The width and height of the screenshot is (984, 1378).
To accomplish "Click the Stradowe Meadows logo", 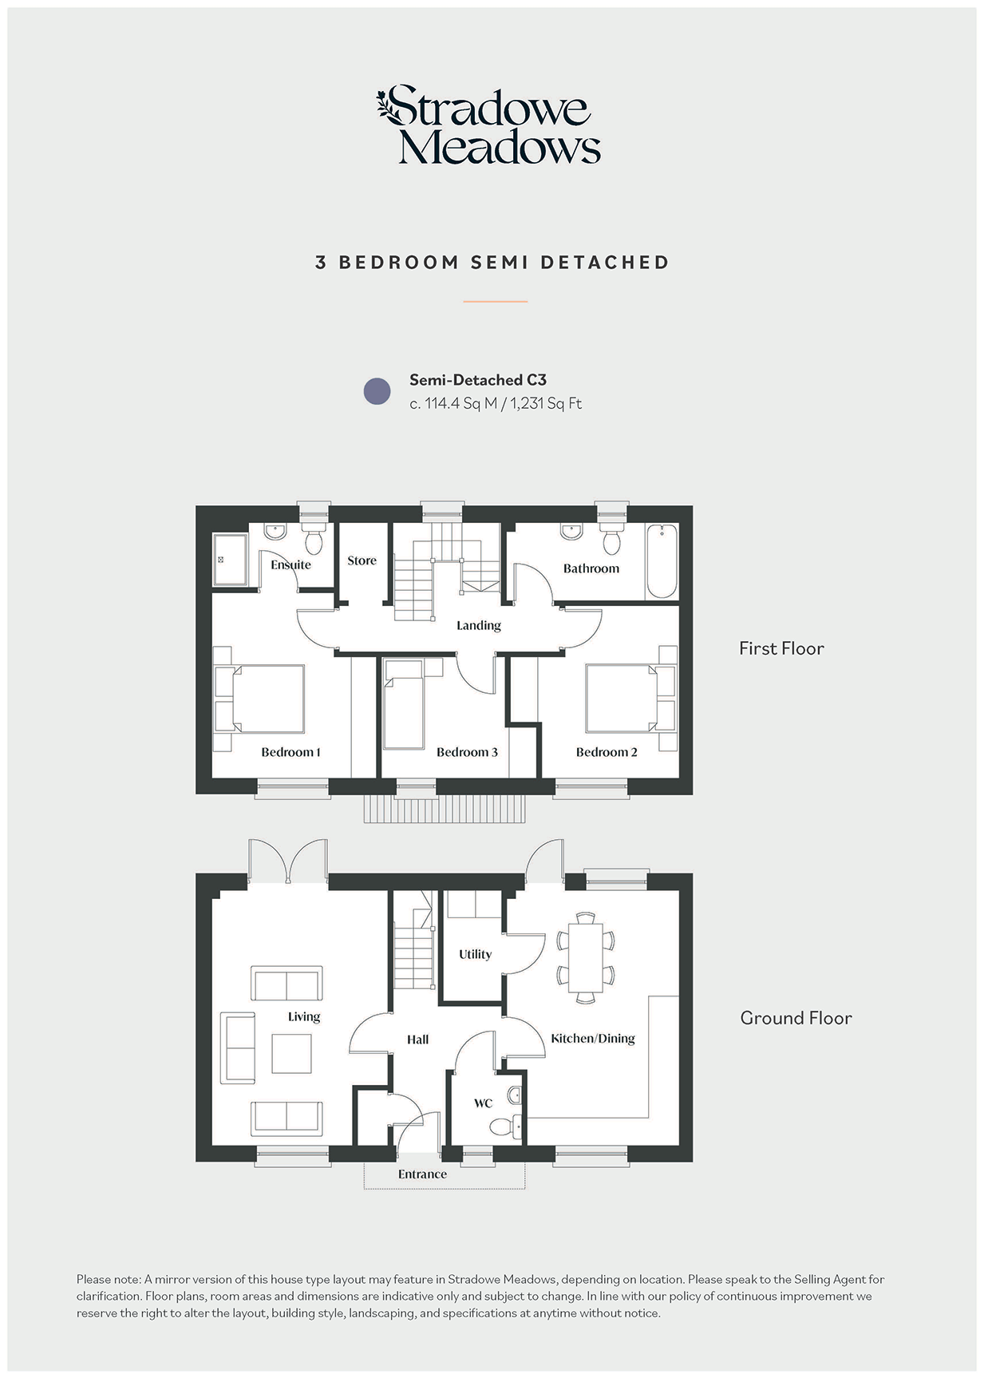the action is pyautogui.click(x=488, y=125).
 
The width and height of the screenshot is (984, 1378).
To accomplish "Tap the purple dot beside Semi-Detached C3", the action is pyautogui.click(x=377, y=391).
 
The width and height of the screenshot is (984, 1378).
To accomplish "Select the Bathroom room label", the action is pyautogui.click(x=591, y=568).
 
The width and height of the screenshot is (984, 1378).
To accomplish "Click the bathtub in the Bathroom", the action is pyautogui.click(x=662, y=560).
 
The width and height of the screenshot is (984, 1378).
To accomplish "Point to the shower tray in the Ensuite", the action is pyautogui.click(x=230, y=560).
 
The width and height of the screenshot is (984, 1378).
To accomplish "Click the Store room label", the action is pyautogui.click(x=362, y=560).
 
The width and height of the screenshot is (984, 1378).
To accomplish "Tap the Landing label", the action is pyautogui.click(x=479, y=625).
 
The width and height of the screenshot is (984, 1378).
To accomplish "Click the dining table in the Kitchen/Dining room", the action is pyautogui.click(x=586, y=957).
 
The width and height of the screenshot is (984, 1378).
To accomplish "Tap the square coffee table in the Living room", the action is pyautogui.click(x=291, y=1054).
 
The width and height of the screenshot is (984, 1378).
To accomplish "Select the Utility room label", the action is pyautogui.click(x=475, y=954).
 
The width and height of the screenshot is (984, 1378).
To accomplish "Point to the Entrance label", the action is pyautogui.click(x=422, y=1174).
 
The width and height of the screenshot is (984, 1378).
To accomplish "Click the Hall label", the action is pyautogui.click(x=417, y=1039).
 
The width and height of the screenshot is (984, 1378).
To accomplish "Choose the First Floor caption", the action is pyautogui.click(x=781, y=648).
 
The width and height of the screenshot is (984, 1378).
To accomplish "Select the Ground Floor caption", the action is pyautogui.click(x=796, y=1018).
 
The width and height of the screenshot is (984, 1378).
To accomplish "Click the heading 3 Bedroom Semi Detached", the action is pyautogui.click(x=492, y=263).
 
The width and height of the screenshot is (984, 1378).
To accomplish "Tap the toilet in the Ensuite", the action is pyautogui.click(x=314, y=540).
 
